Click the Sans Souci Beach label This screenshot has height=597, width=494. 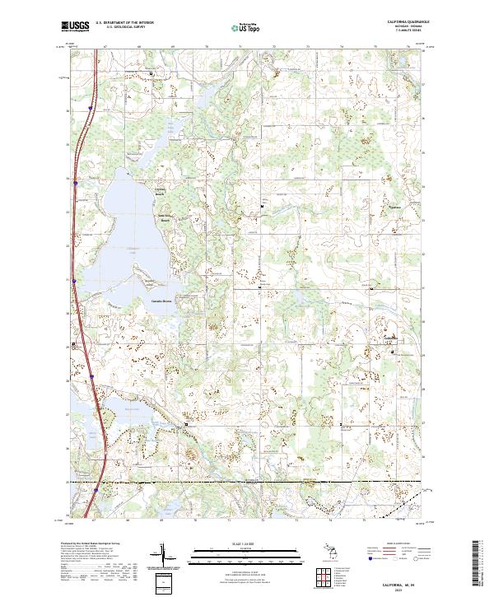point(164,219)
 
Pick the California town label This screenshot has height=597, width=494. point(389,338)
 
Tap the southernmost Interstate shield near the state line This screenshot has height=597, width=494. point(96,491)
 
